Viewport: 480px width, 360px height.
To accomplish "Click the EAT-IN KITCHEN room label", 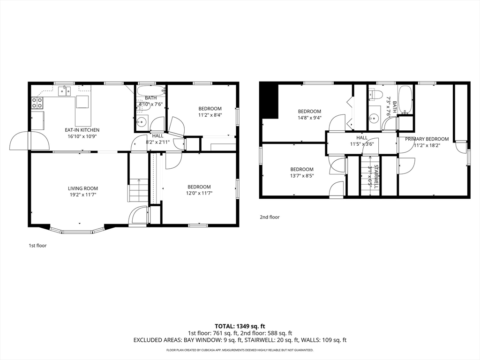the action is [x=82, y=130].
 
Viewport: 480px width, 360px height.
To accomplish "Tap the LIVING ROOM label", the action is [x=83, y=188].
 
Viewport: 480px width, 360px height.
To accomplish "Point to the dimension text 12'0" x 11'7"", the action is [x=199, y=193].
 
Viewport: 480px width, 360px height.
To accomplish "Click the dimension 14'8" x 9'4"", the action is [x=310, y=118].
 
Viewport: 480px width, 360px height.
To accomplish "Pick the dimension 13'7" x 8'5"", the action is [x=302, y=176].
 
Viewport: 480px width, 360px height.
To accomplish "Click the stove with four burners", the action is [x=37, y=103].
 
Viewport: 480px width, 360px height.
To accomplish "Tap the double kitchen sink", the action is [x=65, y=91].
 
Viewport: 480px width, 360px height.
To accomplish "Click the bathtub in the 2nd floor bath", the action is [x=405, y=99].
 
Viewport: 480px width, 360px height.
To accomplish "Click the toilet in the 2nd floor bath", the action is [x=375, y=94].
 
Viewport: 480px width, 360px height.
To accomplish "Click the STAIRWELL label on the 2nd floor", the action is [x=376, y=177].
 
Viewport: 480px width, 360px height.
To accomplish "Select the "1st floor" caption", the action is [x=37, y=246].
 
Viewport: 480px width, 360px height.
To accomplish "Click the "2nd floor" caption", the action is [x=270, y=217].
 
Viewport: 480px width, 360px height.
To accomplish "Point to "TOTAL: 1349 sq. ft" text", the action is [x=240, y=326].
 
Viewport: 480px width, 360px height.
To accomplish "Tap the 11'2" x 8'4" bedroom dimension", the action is [x=210, y=115].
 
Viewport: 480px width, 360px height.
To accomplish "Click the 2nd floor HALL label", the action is [x=362, y=138].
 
